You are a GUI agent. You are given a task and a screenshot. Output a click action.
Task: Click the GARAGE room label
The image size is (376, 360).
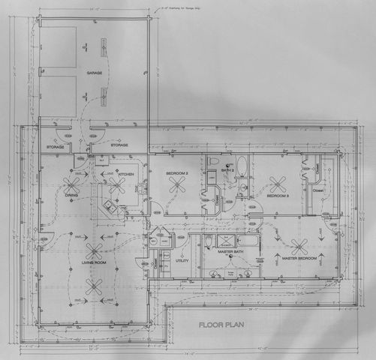94,73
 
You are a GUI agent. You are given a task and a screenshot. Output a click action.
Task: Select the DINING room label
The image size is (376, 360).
71,196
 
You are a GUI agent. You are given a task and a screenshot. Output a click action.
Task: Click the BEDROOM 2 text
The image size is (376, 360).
176,174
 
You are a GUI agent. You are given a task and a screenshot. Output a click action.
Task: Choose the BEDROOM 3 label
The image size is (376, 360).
278,196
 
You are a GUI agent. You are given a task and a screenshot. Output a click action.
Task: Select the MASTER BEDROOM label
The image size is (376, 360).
299,258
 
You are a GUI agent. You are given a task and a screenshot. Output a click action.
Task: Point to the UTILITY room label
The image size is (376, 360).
181,261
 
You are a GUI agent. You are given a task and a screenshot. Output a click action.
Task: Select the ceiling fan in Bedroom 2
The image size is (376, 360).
178,186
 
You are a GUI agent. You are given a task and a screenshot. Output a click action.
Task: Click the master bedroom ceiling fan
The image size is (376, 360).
299,244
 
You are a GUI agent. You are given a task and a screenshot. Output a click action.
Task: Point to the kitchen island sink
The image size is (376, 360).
109,204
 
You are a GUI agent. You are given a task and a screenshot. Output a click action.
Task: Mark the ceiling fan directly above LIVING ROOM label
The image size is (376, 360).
94,250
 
